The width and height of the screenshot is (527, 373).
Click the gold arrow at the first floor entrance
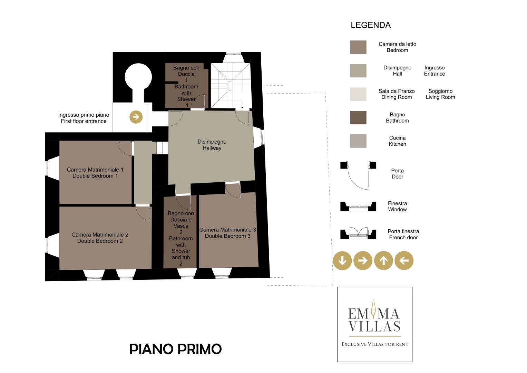tap(136, 117)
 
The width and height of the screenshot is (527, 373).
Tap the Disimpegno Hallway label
tap(212, 145)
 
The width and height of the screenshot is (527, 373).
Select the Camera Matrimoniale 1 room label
tap(95, 170)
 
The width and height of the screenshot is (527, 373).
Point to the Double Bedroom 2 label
tap(100, 241)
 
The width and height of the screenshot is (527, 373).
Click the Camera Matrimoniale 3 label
tap(228, 230)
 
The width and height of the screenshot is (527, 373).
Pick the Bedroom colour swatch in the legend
tap(358, 47)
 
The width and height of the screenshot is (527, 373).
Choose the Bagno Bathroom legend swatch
tap(358, 117)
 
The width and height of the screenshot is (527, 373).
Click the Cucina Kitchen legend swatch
tap(358, 141)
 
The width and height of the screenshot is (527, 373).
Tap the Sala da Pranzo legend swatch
tap(358, 94)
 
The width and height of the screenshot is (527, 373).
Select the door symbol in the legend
tap(358, 175)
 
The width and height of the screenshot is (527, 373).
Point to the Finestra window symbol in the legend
tap(358, 206)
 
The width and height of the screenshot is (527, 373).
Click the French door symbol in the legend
tap(358, 233)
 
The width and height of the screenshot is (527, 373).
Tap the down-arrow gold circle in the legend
tap(342, 260)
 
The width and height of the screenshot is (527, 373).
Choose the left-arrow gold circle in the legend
tap(404, 260)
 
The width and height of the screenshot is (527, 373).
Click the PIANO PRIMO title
tap(176, 349)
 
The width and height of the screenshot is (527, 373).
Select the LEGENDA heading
tap(371, 25)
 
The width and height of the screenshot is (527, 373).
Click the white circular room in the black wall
tap(138, 77)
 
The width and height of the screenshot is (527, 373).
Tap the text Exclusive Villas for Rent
tap(375, 344)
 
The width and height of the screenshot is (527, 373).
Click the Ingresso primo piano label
tap(84, 115)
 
